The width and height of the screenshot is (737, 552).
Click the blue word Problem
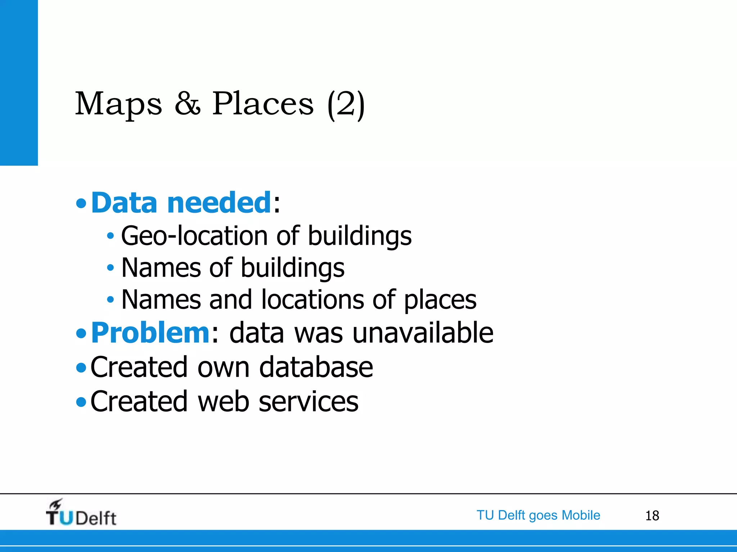[150, 333]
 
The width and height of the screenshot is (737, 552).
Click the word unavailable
[422, 333]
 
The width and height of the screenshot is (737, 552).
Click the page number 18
[652, 516]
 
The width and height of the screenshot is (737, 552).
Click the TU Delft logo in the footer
[81, 513]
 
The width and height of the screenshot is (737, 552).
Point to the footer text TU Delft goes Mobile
[538, 515]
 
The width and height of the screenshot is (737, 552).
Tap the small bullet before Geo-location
[110, 236]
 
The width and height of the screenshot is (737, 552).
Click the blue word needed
[219, 203]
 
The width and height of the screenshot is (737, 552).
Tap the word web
[223, 401]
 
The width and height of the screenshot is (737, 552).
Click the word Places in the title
[263, 104]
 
